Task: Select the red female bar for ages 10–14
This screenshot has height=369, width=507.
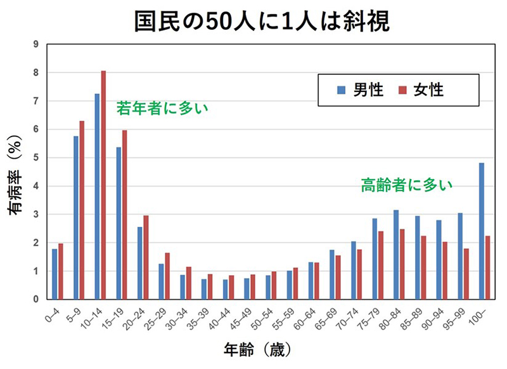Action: click(103, 185)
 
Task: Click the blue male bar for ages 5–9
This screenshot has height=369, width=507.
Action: click(76, 218)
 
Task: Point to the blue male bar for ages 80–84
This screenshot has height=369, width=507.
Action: click(396, 255)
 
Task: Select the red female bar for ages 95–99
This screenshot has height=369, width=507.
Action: click(466, 274)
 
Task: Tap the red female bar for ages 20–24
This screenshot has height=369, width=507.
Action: click(146, 257)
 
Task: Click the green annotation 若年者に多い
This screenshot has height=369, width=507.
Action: click(162, 109)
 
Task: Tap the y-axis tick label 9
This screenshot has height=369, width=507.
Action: click(36, 44)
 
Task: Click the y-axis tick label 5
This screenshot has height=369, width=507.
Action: click(36, 158)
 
